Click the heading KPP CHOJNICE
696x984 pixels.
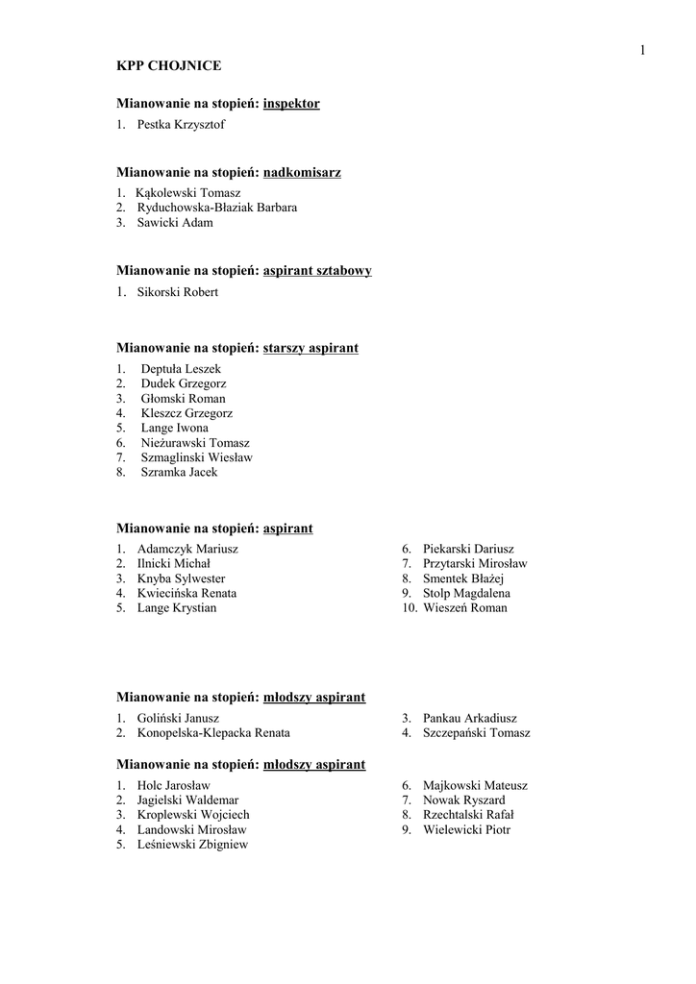[169, 65]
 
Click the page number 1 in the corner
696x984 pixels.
[641, 50]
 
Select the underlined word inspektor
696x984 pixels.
[291, 103]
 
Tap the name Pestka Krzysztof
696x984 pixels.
[182, 124]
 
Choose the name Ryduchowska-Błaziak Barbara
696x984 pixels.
[217, 208]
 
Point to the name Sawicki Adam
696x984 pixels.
[175, 222]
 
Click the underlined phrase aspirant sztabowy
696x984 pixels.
[317, 271]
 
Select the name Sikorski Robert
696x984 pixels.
[178, 292]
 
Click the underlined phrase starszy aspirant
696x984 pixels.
[311, 348]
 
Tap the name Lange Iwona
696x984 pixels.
[174, 428]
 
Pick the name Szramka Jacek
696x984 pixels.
[179, 472]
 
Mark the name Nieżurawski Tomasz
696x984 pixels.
[195, 442]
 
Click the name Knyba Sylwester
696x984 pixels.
[182, 578]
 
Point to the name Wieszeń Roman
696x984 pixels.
[464, 607]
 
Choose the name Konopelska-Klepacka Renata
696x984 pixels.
[213, 732]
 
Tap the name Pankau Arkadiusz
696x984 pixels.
[469, 718]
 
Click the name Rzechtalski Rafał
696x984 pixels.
[468, 815]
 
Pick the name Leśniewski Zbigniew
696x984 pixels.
[193, 844]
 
